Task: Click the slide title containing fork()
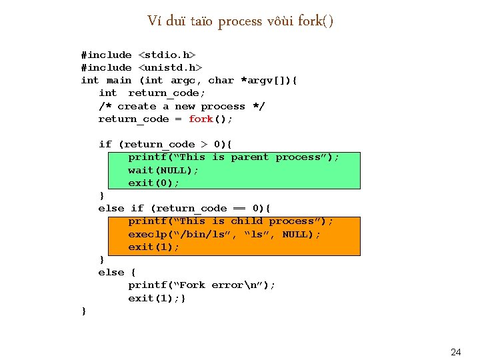coord(240,21)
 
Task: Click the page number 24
coord(456,351)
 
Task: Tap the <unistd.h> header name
coord(170,67)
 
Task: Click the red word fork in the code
coord(201,119)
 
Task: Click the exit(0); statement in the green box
coord(154,183)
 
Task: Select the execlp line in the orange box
coord(224,234)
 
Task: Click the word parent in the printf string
coord(249,157)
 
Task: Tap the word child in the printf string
coord(246,221)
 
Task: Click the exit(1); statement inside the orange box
coord(154,247)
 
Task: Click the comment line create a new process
coord(181,106)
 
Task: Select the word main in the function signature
coord(119,80)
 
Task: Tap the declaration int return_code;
coord(152,93)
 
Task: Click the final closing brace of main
coord(83,311)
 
